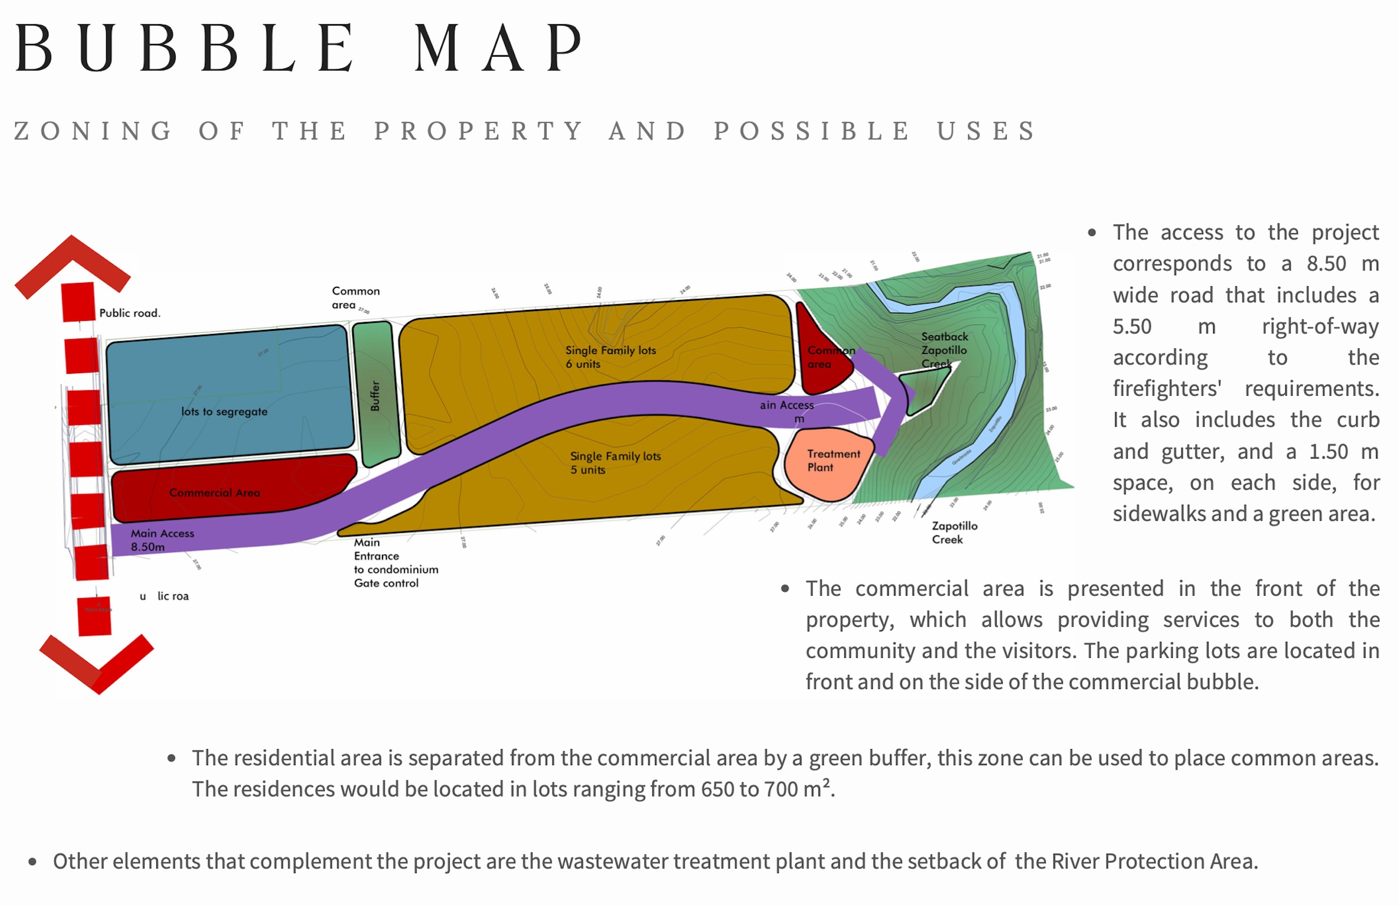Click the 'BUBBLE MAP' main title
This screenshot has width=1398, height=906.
298,48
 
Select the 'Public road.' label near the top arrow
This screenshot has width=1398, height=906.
129,313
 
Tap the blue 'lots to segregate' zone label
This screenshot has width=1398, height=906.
224,412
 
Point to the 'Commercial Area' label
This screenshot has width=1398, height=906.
215,493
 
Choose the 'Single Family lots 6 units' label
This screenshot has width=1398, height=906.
610,357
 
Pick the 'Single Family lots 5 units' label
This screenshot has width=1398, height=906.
615,463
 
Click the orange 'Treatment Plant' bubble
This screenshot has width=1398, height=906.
832,461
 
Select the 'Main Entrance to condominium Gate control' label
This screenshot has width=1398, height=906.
395,563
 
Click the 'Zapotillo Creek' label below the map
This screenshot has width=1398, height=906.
954,533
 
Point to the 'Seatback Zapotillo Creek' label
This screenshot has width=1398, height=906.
943,350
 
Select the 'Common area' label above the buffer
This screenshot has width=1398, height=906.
355,298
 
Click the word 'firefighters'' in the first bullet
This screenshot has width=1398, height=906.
1167,389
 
